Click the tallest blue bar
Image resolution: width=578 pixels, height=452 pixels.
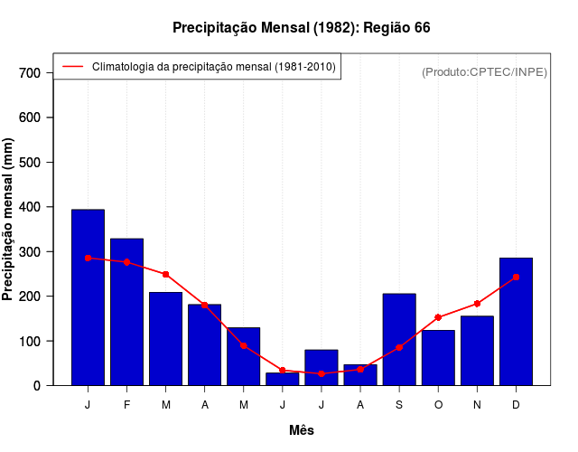pos(88,297)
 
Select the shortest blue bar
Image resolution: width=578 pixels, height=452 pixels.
pos(282,379)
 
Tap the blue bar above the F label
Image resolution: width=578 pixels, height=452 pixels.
pos(126,312)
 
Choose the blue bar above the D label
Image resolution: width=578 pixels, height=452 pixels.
pos(516,321)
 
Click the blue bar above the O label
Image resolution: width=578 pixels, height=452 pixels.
pos(438,358)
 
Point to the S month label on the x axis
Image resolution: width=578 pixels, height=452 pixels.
pos(399,405)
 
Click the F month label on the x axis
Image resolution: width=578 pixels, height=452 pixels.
pos(126,405)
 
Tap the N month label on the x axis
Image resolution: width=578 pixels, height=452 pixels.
pos(477,405)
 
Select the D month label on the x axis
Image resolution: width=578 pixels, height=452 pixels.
pos(516,405)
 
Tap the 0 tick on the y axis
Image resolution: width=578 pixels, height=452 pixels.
pos(37,386)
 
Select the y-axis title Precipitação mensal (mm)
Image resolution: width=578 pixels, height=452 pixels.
pos(9,220)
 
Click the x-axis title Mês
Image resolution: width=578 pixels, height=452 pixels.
pos(302,430)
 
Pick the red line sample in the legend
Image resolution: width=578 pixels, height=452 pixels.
pos(72,67)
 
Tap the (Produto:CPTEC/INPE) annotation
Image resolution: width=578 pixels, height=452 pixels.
pos(485,72)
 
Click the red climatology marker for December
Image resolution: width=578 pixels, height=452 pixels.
pos(516,278)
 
